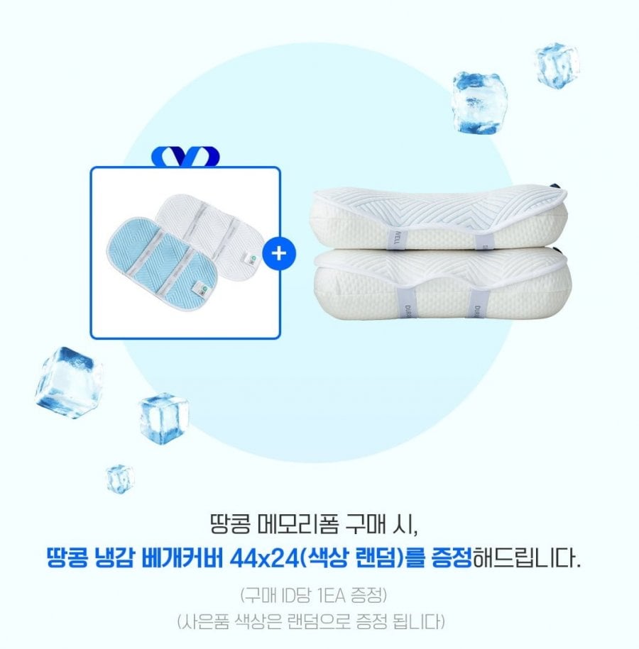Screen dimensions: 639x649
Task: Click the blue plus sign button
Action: click(x=280, y=253)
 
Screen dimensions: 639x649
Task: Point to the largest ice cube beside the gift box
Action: click(x=69, y=383)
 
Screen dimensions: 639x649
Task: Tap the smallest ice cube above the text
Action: click(x=120, y=479)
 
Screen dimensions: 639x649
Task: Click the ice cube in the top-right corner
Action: click(x=557, y=65)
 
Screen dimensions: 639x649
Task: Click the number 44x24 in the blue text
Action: click(x=264, y=559)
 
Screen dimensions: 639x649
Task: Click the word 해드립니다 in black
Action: click(x=526, y=559)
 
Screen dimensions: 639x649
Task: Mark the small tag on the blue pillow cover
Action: click(x=200, y=289)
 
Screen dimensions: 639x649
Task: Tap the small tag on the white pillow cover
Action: click(x=251, y=259)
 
